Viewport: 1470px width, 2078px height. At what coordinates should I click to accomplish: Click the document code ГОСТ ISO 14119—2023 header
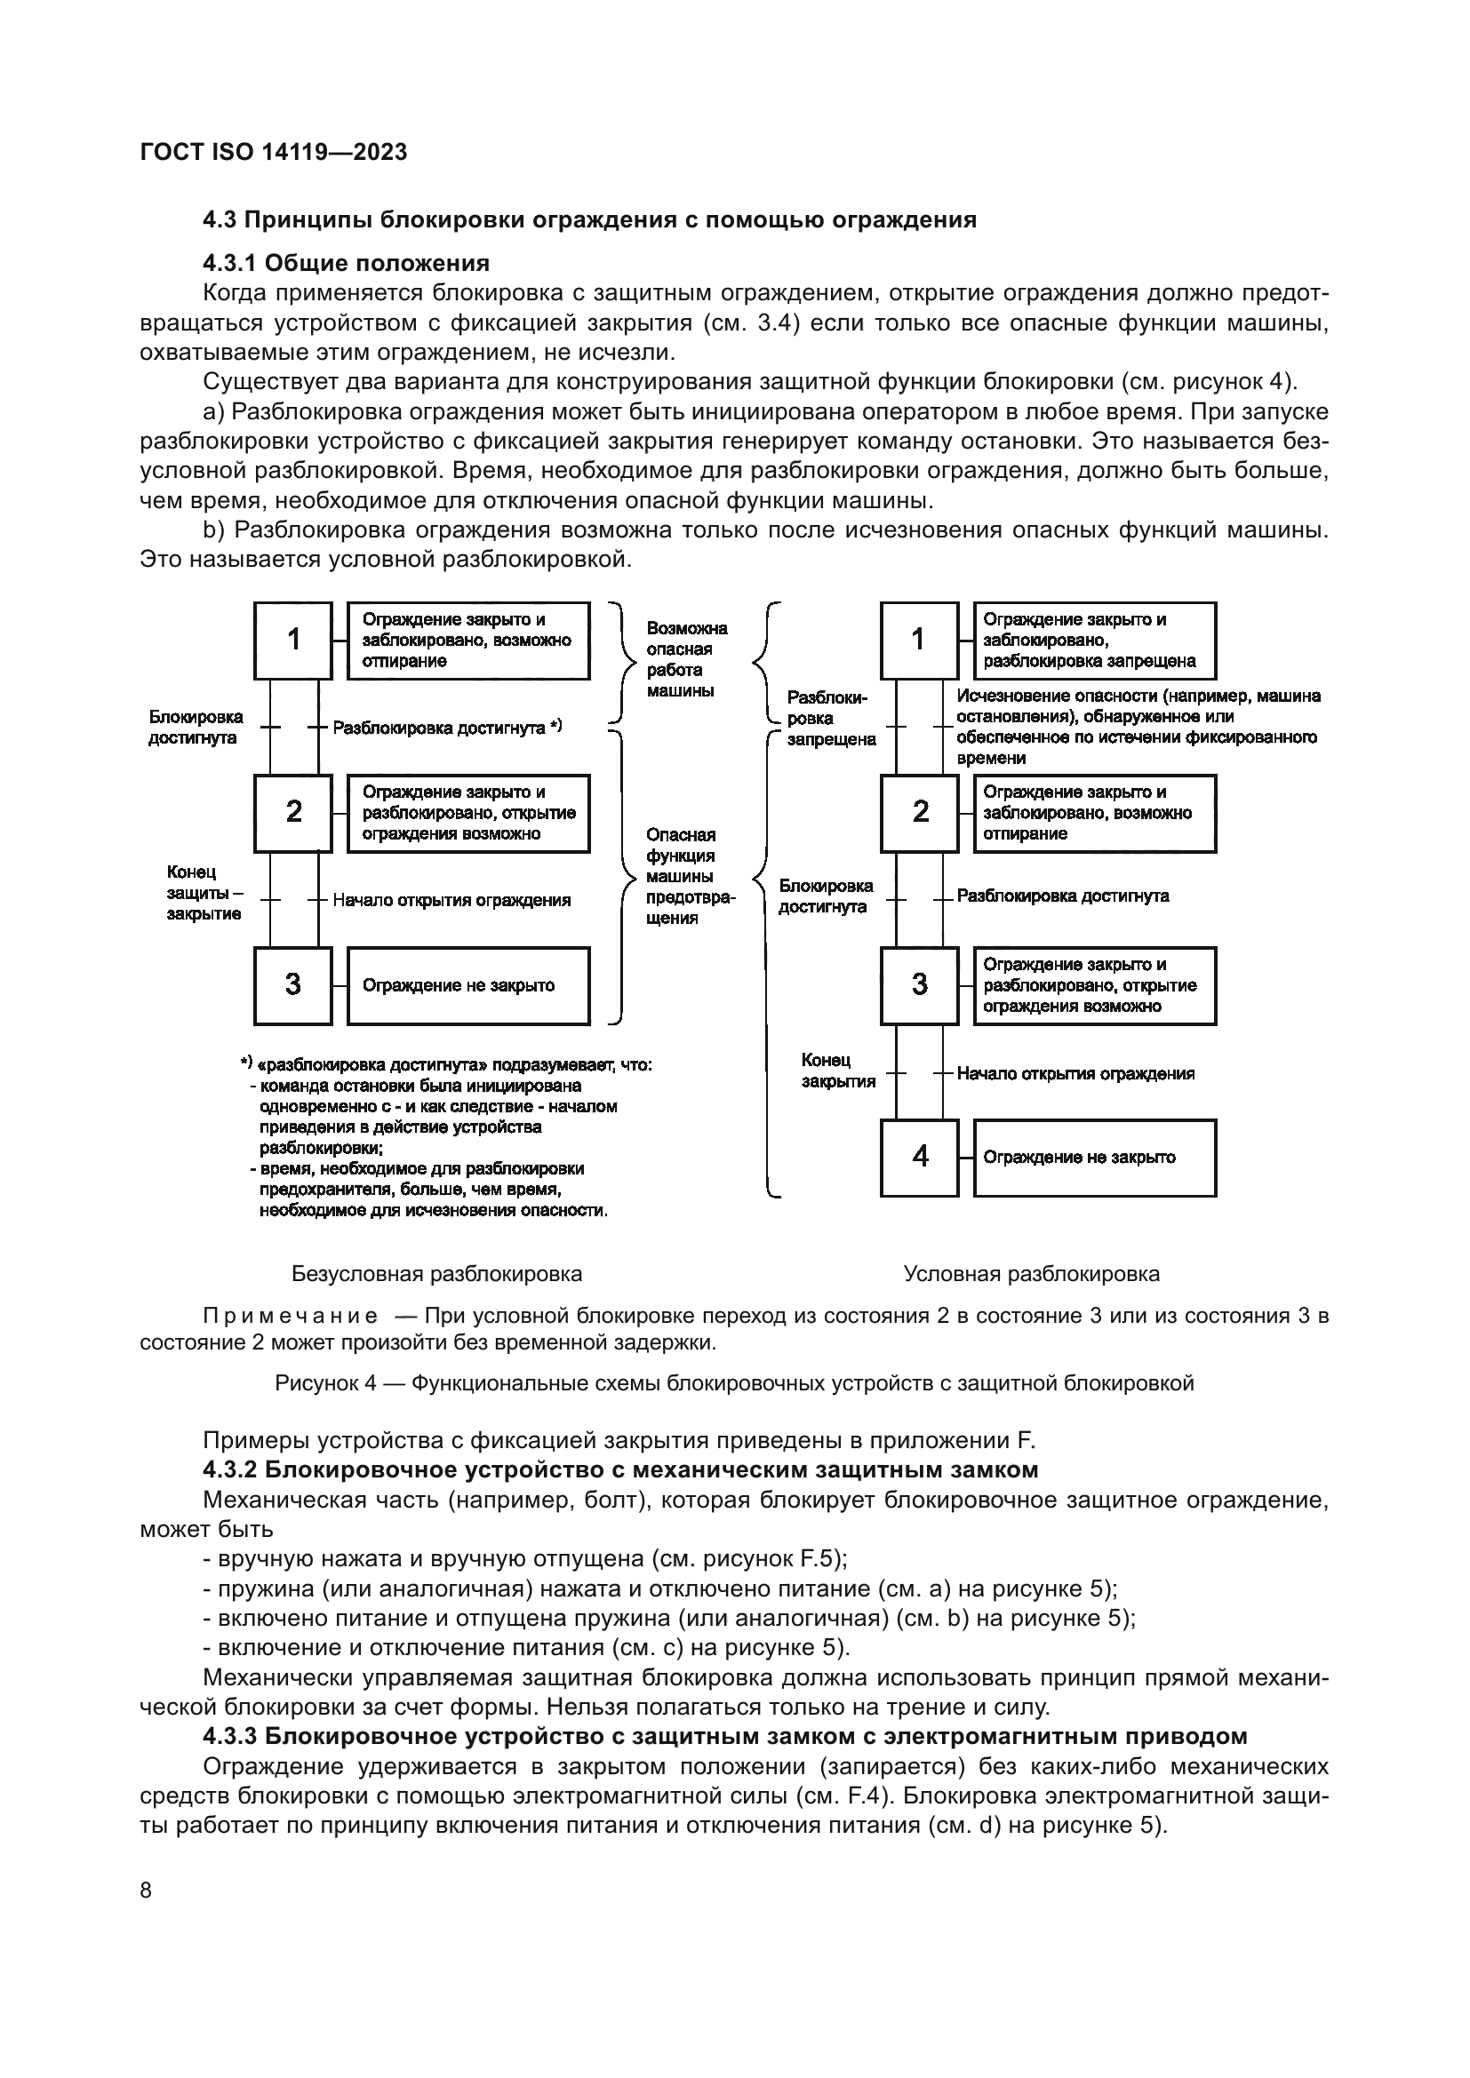[x=274, y=152]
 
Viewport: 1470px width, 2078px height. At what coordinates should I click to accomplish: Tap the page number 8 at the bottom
[x=147, y=1891]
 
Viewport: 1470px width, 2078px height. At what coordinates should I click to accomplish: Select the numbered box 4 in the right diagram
[x=919, y=1157]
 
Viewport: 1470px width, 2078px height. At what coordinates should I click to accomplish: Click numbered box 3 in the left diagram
[x=293, y=984]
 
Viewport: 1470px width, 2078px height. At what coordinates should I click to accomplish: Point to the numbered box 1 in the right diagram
[x=919, y=640]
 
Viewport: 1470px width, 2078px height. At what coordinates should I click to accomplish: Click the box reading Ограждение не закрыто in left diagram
[x=468, y=985]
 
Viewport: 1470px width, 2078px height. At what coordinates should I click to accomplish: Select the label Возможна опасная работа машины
[x=686, y=659]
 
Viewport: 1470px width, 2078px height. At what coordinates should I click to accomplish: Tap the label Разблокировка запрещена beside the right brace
[x=830, y=719]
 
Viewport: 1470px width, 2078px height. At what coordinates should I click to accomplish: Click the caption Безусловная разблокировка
[x=436, y=1274]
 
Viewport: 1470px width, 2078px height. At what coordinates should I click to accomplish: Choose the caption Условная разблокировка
[x=1031, y=1274]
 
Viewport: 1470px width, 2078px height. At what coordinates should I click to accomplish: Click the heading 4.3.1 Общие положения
[x=346, y=263]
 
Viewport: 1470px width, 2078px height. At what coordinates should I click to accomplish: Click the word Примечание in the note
[x=291, y=1316]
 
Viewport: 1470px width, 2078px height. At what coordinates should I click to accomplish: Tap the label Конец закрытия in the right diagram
[x=837, y=1071]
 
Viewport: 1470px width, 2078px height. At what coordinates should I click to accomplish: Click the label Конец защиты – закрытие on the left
[x=204, y=892]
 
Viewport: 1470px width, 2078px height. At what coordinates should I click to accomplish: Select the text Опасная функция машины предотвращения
[x=690, y=875]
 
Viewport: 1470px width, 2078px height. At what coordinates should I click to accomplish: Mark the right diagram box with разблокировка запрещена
[x=1094, y=640]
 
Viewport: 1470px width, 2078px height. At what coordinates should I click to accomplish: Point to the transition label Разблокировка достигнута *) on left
[x=447, y=728]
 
